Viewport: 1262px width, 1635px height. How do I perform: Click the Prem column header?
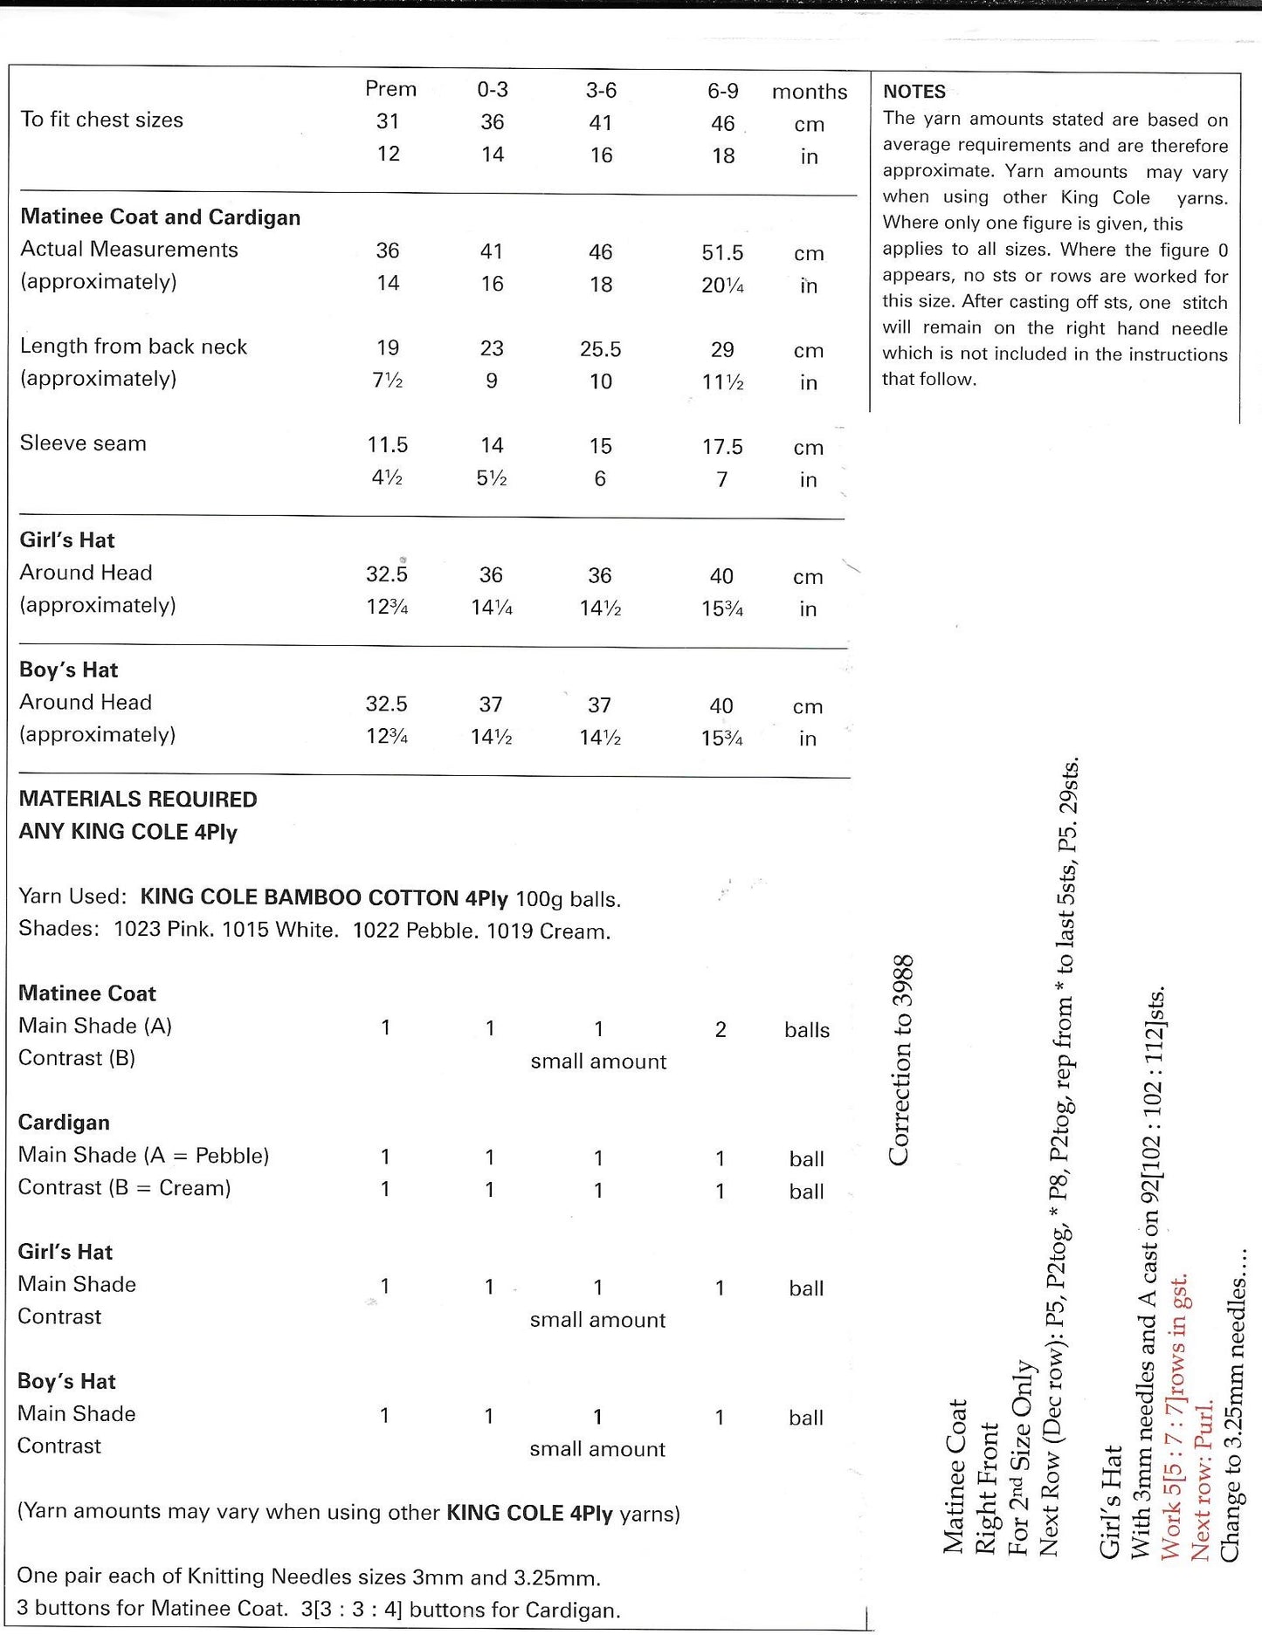tap(390, 89)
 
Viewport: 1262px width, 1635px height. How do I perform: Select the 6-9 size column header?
tap(722, 91)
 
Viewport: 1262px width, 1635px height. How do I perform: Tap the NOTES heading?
tap(914, 92)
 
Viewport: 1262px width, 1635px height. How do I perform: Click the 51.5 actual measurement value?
tap(722, 253)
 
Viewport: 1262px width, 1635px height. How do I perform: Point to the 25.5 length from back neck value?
tap(600, 350)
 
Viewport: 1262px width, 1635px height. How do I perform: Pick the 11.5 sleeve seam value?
tap(388, 445)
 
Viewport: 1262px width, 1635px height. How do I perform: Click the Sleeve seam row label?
tap(83, 443)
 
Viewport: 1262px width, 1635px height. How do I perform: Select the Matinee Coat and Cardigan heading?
tap(161, 217)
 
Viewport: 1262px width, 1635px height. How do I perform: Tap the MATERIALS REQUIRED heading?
tap(138, 800)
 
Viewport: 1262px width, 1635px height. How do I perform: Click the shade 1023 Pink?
tap(163, 931)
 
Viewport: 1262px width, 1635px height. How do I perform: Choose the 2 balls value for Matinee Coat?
tap(721, 1030)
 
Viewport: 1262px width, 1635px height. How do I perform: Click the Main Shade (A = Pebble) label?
tap(143, 1156)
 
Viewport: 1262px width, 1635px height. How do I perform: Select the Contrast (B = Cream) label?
tap(124, 1188)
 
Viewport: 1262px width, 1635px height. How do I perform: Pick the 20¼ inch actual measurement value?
tap(722, 285)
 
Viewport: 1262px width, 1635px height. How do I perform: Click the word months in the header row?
tap(810, 92)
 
